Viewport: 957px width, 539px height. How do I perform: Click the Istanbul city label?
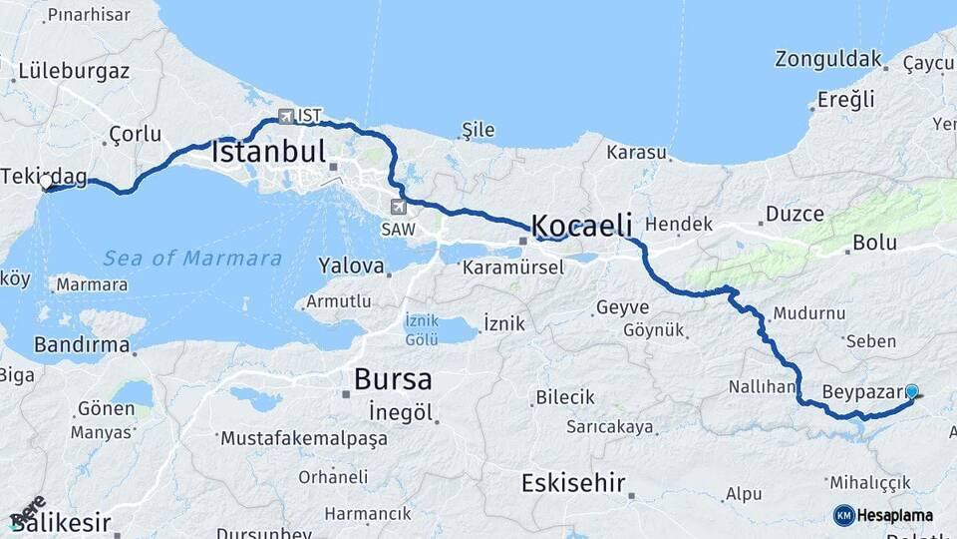pyautogui.click(x=269, y=153)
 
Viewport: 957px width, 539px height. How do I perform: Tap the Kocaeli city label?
pyautogui.click(x=583, y=225)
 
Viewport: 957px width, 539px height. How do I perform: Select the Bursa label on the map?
pyautogui.click(x=393, y=380)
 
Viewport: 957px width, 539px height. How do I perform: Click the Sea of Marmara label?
pyautogui.click(x=192, y=259)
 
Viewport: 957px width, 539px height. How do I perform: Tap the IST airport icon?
pyautogui.click(x=287, y=116)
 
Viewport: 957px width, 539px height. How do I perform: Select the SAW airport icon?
pyautogui.click(x=399, y=207)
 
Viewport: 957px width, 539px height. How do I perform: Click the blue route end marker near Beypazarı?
pyautogui.click(x=911, y=392)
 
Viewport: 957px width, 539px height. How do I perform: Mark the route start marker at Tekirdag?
pyautogui.click(x=47, y=183)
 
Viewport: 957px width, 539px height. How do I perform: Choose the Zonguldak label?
pyautogui.click(x=828, y=58)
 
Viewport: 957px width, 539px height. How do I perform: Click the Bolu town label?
pyautogui.click(x=874, y=243)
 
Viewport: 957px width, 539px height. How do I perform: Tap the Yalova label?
pyautogui.click(x=351, y=267)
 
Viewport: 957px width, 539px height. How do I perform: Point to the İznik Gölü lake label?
pyautogui.click(x=422, y=330)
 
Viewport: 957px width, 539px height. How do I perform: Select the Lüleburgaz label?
pyautogui.click(x=72, y=72)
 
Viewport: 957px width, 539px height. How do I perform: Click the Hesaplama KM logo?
pyautogui.click(x=883, y=515)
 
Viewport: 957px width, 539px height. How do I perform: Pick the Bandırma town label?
pyautogui.click(x=82, y=345)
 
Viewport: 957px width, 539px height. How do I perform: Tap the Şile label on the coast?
pyautogui.click(x=478, y=131)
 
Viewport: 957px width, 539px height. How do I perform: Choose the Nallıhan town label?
pyautogui.click(x=762, y=386)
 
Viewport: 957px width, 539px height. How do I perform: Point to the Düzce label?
pyautogui.click(x=795, y=214)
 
